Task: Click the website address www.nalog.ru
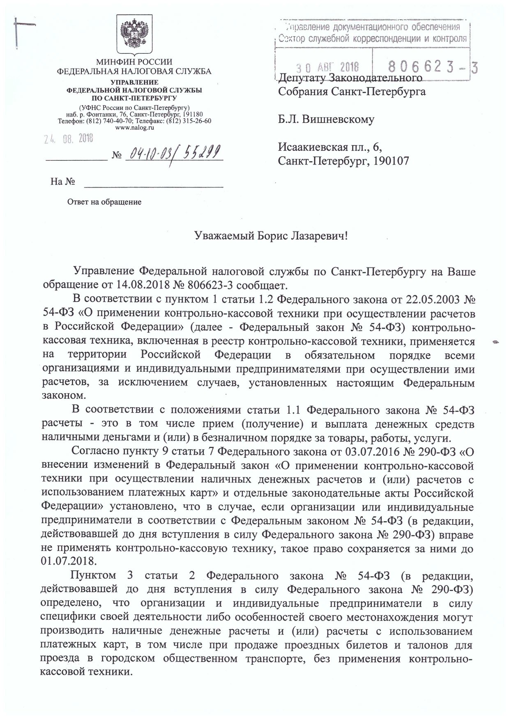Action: click(x=134, y=128)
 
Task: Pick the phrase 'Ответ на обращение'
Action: click(x=104, y=202)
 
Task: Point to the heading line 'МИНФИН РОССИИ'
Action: click(x=134, y=62)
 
